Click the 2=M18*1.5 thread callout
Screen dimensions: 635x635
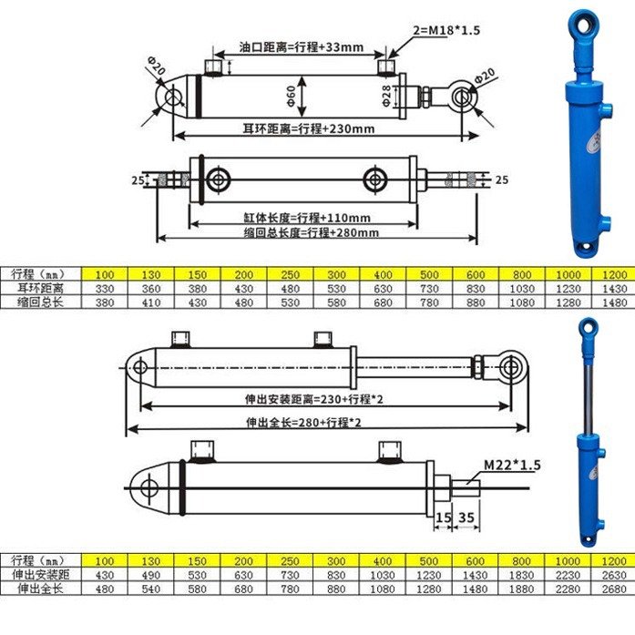click(x=446, y=30)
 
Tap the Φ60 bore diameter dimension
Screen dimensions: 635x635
click(x=292, y=96)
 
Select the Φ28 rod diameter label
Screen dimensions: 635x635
click(x=387, y=96)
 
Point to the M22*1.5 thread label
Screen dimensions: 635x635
click(x=512, y=465)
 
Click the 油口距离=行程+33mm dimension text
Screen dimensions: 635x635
click(x=301, y=47)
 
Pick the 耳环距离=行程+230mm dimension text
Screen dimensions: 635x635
click(x=309, y=128)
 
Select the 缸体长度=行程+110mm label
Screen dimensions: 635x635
click(x=306, y=218)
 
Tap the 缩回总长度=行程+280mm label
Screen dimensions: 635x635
click(x=311, y=233)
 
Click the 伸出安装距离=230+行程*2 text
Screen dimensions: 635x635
click(x=313, y=399)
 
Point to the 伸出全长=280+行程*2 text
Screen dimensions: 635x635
click(x=303, y=423)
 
